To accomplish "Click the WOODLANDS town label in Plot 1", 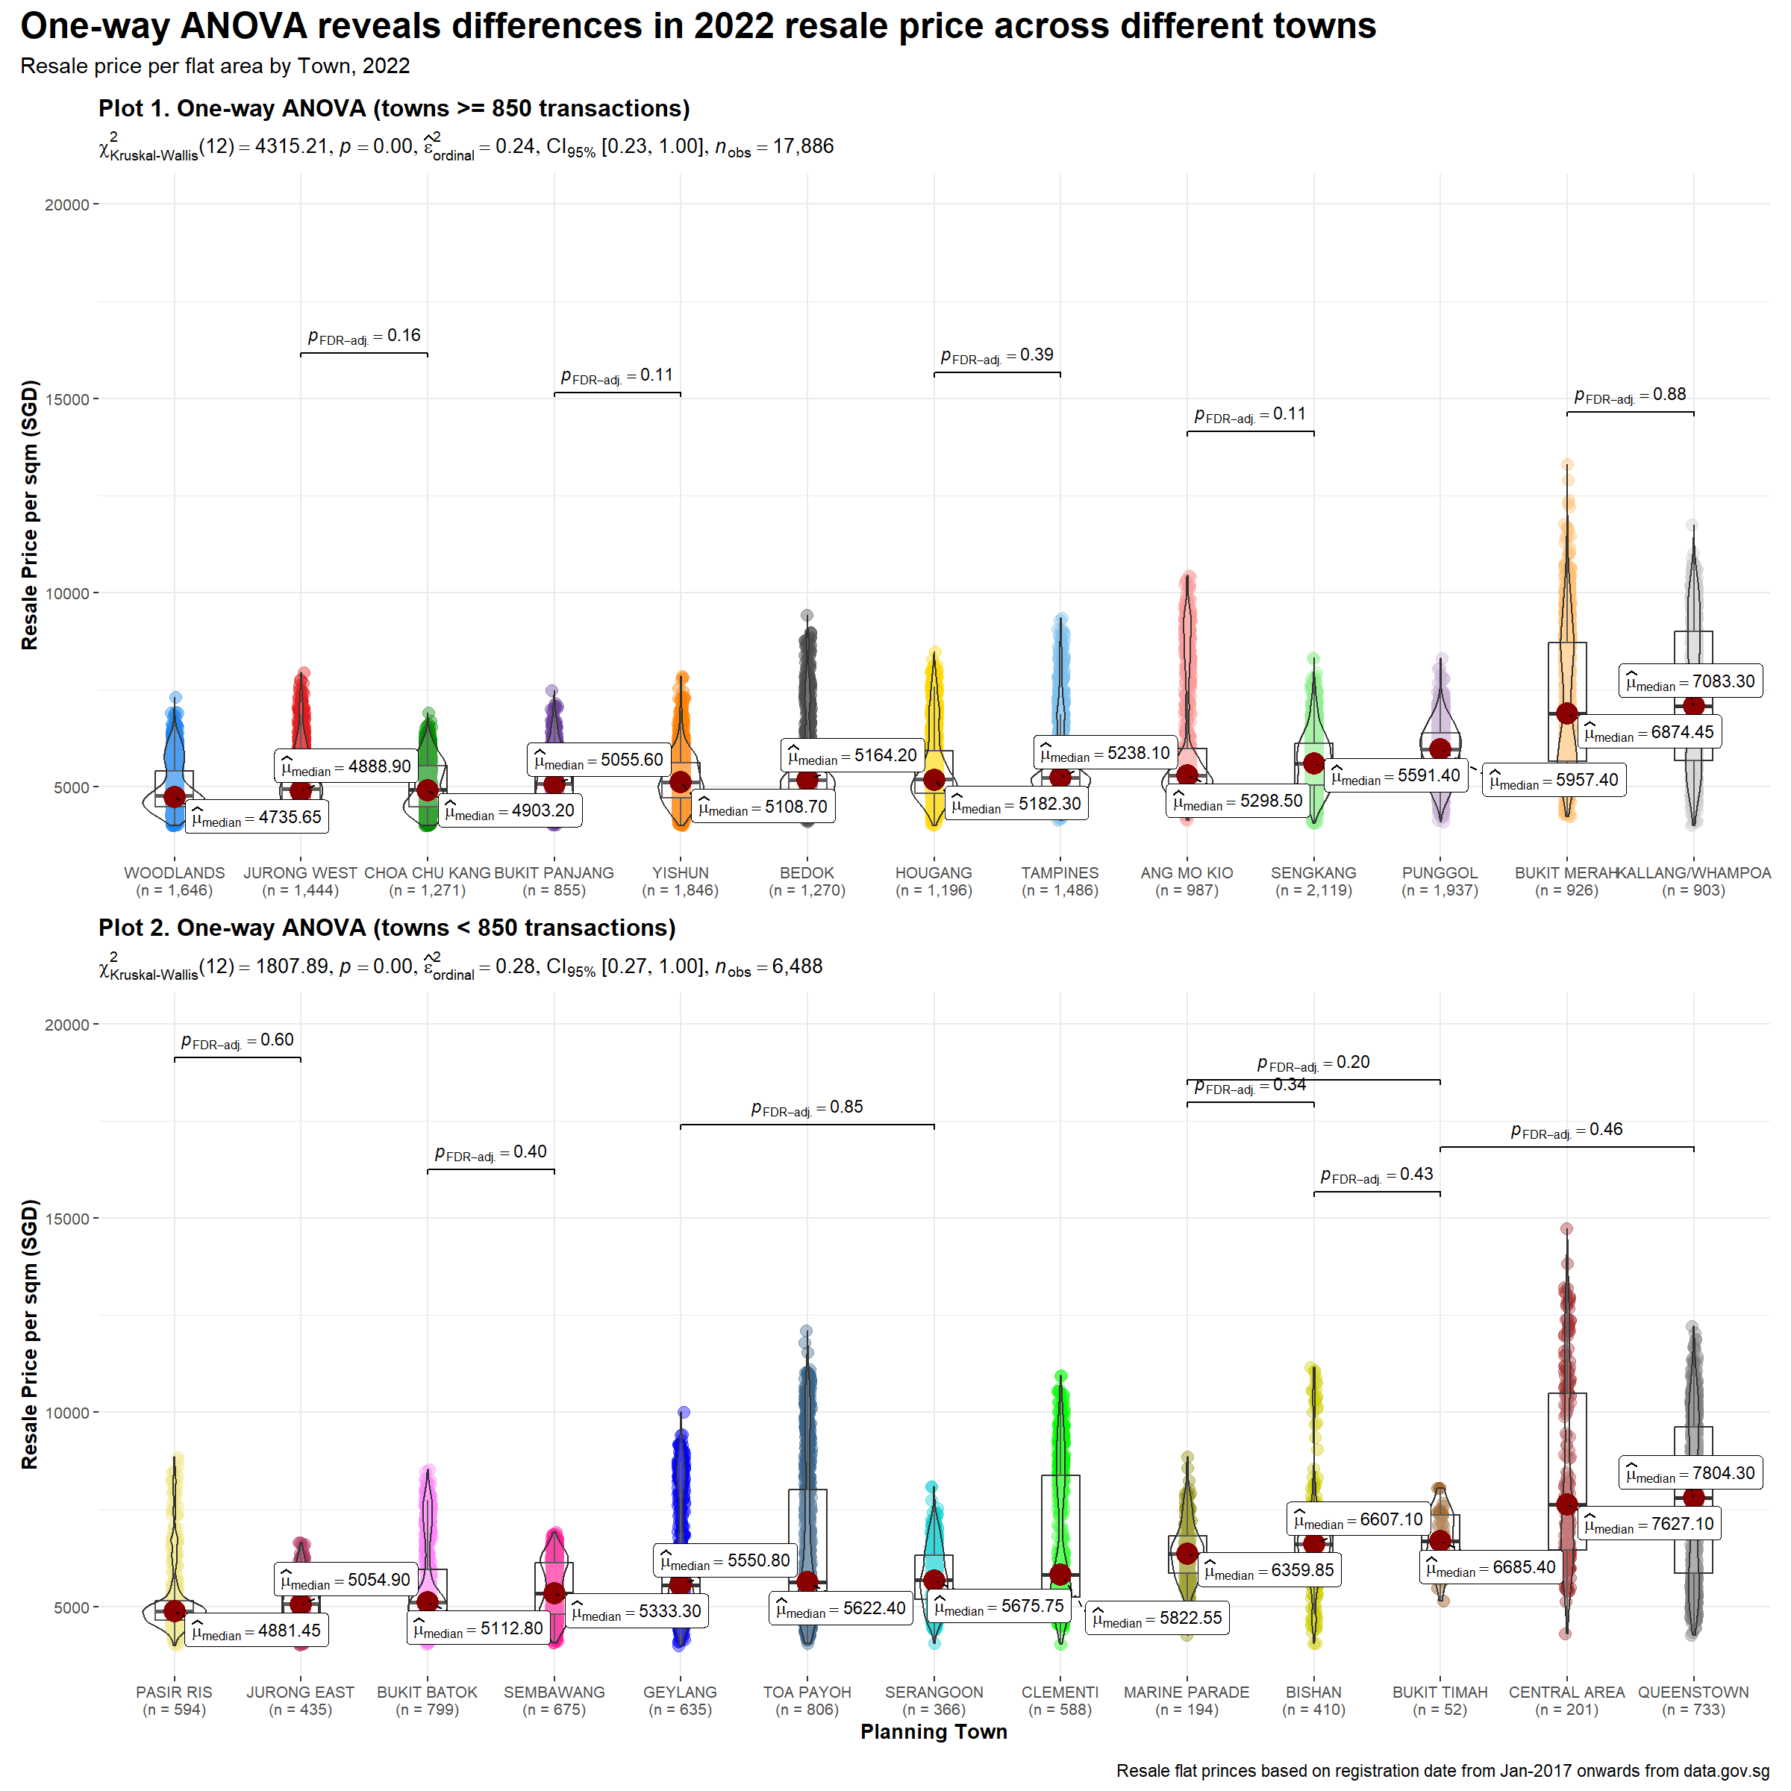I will [175, 873].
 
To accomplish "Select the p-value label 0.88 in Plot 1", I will [1630, 395].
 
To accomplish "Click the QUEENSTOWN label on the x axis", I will [1692, 1692].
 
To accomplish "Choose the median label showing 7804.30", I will [1691, 1473].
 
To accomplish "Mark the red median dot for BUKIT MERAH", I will [1566, 713].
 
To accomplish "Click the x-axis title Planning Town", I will [934, 1731].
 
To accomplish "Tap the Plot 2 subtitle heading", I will [387, 928].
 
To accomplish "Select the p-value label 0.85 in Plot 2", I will [807, 1107].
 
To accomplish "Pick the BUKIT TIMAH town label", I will [1440, 1692].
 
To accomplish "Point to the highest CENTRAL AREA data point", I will [1566, 1229].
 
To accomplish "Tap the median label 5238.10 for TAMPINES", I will [1106, 754].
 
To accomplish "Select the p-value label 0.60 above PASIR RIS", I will [237, 1040].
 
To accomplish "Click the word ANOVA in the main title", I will [244, 26].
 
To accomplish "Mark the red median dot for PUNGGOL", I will [1440, 748].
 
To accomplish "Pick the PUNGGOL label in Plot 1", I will [1440, 873].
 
